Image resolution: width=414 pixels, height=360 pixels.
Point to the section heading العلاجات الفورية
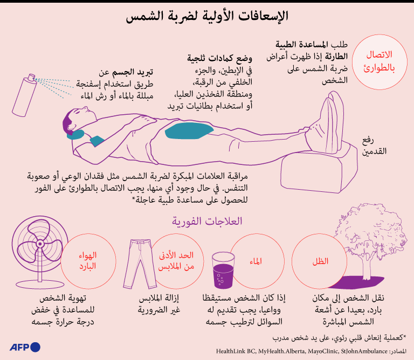tap(207, 221)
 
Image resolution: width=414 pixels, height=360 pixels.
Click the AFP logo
tap(25, 347)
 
